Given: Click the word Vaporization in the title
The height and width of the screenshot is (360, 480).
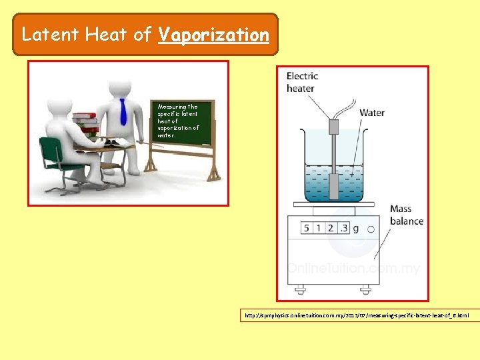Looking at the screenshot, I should [213, 35].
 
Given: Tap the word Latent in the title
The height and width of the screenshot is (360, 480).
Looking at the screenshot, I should [51, 35].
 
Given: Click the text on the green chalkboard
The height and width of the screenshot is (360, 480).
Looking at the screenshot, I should [177, 121].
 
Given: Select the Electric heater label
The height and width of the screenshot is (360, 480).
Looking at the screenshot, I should [302, 82].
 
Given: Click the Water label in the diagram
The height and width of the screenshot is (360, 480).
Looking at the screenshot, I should [371, 113].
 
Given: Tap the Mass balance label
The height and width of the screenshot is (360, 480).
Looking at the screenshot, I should [406, 215].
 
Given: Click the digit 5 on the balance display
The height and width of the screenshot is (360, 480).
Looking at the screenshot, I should [307, 229].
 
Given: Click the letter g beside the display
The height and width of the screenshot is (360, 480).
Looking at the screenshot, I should [356, 229].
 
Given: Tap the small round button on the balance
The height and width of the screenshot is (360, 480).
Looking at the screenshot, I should [371, 229].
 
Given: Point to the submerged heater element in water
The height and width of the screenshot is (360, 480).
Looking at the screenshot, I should [333, 183].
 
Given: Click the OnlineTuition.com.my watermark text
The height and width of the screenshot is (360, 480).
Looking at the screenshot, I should [353, 268].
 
